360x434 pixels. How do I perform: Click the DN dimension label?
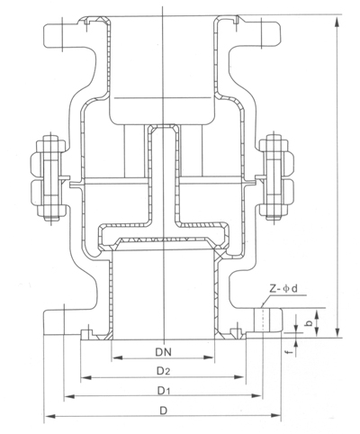pyautogui.click(x=163, y=348)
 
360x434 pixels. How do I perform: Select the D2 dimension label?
pyautogui.click(x=163, y=369)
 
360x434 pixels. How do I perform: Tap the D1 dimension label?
pyautogui.click(x=163, y=390)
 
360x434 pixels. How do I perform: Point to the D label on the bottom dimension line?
pyautogui.click(x=163, y=411)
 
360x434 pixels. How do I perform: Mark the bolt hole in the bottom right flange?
pyautogui.click(x=262, y=321)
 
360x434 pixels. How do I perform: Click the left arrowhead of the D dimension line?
pyautogui.click(x=47, y=416)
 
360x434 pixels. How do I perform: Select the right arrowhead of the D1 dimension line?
pyautogui.click(x=260, y=396)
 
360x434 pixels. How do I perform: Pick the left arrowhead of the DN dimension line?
pyautogui.click(x=111, y=356)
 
